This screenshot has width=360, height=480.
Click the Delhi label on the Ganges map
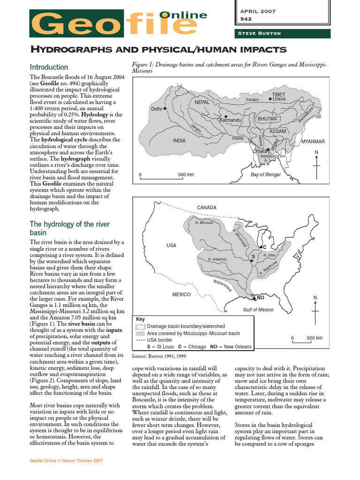(156, 109)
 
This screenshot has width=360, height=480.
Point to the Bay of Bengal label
(265, 175)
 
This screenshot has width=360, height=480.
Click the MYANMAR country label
(313, 142)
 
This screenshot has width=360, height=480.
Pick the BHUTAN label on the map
(267, 120)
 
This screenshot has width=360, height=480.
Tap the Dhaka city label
(260, 151)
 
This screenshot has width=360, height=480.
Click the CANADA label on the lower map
(207, 207)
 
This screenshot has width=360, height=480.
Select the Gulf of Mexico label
(258, 309)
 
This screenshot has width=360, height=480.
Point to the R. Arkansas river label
(217, 259)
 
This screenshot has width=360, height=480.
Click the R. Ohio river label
(269, 255)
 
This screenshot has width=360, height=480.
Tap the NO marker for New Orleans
(261, 298)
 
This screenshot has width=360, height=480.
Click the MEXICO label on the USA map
(181, 294)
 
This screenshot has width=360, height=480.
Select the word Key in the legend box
(140, 319)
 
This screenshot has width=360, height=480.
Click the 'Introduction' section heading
(49, 67)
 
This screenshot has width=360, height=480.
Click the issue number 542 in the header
(246, 19)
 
